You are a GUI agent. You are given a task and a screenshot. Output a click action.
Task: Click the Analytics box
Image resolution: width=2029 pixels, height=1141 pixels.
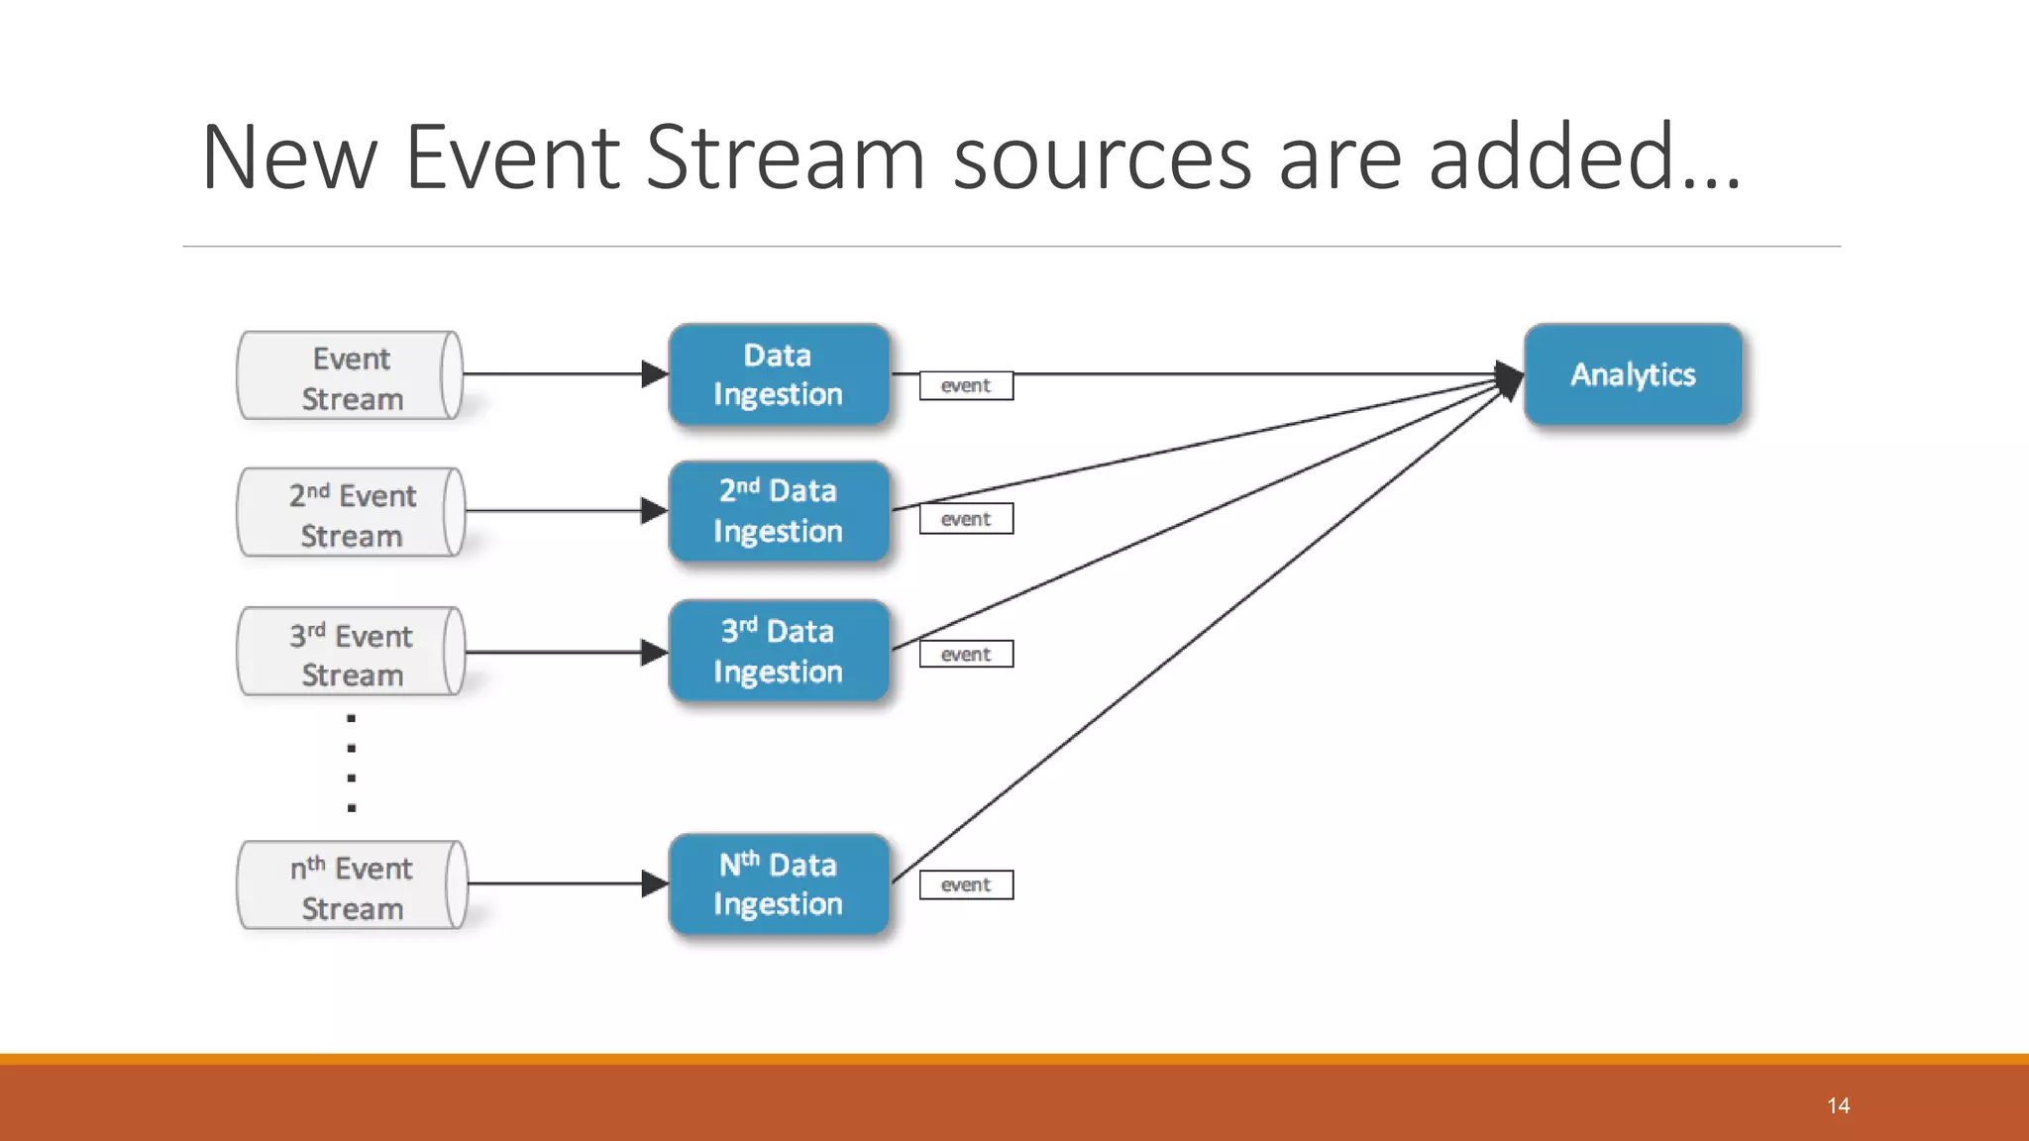tap(1633, 374)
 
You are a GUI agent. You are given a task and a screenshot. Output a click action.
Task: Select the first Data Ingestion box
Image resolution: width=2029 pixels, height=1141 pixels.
tap(779, 374)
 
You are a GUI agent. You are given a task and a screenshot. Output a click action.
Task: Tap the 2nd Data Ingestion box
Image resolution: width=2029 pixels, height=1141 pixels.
tap(779, 511)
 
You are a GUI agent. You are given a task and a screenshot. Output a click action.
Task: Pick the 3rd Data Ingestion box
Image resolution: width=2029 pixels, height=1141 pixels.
tap(779, 651)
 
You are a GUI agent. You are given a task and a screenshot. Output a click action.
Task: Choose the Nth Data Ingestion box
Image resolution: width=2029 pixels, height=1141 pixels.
tap(779, 883)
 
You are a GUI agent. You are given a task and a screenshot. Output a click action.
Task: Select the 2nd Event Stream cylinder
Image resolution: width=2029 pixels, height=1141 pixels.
tap(351, 513)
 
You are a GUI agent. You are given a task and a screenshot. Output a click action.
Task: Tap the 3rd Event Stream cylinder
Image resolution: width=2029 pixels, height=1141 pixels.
tap(351, 652)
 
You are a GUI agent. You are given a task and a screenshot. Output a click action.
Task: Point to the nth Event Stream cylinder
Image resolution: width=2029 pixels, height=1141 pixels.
tap(351, 885)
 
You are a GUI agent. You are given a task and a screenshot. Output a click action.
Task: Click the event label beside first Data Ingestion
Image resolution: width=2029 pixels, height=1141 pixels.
tap(966, 385)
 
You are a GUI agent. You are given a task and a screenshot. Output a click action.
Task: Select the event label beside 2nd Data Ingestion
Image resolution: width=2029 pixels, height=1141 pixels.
tap(966, 519)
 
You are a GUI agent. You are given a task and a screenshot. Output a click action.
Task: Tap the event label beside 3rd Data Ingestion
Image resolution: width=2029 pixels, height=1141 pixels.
tap(966, 654)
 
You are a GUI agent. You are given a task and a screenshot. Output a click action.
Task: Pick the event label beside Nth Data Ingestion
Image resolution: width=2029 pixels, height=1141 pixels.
tap(966, 884)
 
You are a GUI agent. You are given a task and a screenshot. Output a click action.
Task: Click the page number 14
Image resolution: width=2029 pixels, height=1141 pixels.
tap(1839, 1105)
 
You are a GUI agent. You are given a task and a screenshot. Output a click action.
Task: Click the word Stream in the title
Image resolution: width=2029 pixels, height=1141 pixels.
tap(786, 158)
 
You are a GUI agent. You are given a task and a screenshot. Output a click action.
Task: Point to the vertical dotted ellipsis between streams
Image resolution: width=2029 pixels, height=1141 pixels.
tap(352, 763)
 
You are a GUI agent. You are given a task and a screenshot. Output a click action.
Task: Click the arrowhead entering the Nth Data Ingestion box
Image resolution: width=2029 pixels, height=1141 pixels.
tap(655, 883)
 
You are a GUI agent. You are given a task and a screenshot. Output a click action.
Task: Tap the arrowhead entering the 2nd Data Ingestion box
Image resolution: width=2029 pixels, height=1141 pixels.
tap(655, 511)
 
